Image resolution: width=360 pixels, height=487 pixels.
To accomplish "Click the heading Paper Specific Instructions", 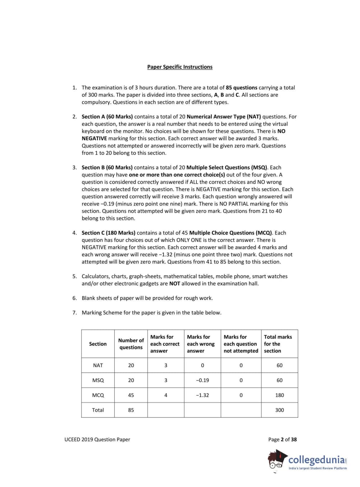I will click(180, 67).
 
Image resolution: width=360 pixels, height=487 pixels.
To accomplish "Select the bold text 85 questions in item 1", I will click(241, 88).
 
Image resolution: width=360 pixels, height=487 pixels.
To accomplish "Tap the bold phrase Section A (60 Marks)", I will click(107, 117).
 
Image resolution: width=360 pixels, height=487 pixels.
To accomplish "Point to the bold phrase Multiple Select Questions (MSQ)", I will click(227, 167).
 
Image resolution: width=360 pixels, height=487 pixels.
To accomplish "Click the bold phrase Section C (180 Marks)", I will click(109, 233).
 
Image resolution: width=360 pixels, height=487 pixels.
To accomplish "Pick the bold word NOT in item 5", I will click(175, 284).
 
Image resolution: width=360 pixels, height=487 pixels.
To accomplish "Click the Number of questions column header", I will click(131, 344).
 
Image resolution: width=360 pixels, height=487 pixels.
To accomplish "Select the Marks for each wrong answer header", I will click(200, 344).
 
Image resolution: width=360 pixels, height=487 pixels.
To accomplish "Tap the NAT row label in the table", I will click(98, 365).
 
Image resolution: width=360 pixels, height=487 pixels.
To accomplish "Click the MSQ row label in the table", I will click(98, 380).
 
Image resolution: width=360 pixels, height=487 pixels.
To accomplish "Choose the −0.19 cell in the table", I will click(202, 380).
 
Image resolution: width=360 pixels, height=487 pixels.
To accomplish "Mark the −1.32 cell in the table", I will click(202, 395).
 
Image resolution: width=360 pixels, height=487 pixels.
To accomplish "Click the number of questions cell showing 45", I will click(131, 395).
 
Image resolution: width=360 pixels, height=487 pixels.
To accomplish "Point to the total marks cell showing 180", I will click(280, 395).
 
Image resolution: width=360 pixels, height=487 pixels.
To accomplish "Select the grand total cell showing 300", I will click(280, 410).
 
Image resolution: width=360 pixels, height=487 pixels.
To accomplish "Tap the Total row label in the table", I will click(98, 410).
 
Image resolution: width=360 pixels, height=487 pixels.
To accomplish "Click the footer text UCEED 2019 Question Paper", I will click(97, 440).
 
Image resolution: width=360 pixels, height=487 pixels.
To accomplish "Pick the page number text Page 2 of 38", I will click(282, 440).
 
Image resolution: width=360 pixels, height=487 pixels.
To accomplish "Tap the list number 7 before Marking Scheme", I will click(74, 313).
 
